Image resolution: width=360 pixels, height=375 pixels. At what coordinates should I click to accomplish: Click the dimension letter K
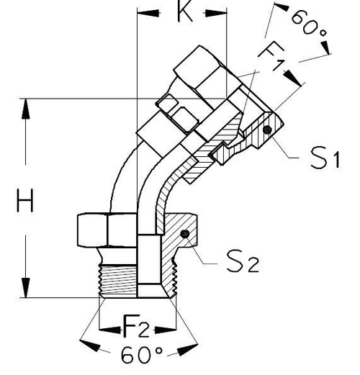coord(184,13)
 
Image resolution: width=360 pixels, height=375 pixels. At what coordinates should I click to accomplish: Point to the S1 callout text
coord(324,158)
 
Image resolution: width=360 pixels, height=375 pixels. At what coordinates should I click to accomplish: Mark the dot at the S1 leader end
coord(267,130)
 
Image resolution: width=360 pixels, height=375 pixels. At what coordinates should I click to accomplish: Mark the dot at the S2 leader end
coord(185,234)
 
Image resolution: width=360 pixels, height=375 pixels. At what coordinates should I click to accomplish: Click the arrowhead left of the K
coord(146,13)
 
